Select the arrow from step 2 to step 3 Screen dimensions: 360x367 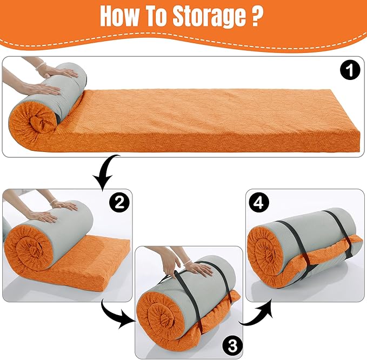pos(116,315)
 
